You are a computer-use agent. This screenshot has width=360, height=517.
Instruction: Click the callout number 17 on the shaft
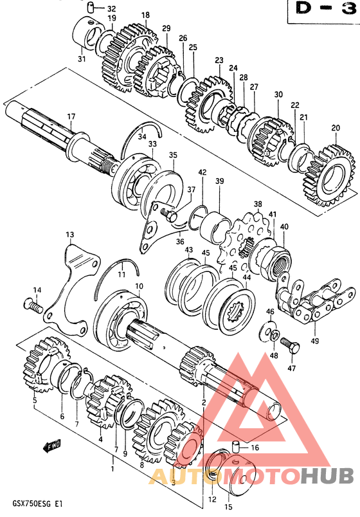(71, 117)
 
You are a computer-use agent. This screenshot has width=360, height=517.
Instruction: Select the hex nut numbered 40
(275, 263)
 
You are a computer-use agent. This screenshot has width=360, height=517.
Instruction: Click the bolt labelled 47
(290, 346)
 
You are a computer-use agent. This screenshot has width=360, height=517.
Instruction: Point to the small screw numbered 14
(33, 305)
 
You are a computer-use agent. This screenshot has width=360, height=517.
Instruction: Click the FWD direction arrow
(51, 446)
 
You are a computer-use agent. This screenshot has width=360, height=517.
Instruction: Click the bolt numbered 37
(168, 215)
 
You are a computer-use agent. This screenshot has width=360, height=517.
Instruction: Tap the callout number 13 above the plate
(69, 235)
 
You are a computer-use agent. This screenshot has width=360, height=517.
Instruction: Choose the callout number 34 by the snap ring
(142, 136)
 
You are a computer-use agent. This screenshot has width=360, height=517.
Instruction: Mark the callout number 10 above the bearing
(139, 286)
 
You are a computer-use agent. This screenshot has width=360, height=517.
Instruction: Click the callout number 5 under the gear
(34, 401)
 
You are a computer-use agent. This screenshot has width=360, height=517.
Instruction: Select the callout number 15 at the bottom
(228, 507)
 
